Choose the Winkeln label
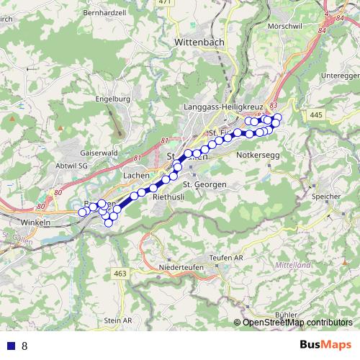35,222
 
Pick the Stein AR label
118,320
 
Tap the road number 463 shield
120,274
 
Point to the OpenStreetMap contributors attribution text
297,323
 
